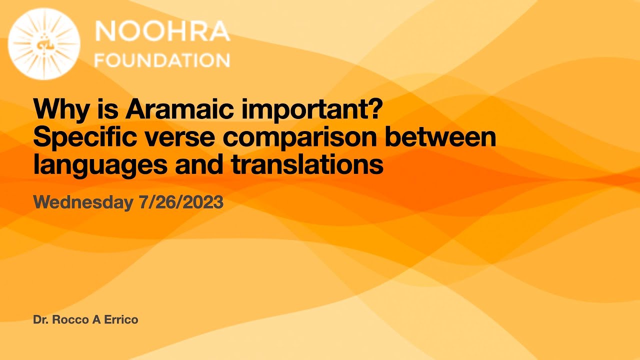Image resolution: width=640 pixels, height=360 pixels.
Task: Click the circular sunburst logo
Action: tap(44, 44)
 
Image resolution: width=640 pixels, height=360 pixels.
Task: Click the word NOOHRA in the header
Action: tap(162, 32)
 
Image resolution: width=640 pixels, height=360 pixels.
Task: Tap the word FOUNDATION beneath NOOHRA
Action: tap(162, 60)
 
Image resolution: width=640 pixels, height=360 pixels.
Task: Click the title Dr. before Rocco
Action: tap(40, 320)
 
